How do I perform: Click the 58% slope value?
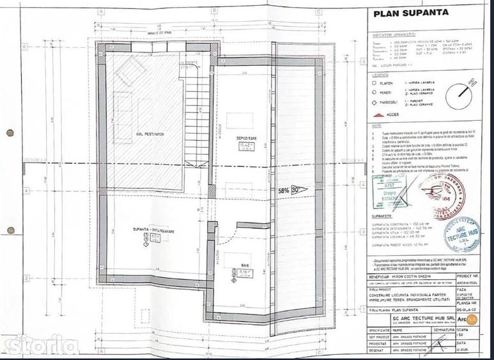click(x=284, y=190)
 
